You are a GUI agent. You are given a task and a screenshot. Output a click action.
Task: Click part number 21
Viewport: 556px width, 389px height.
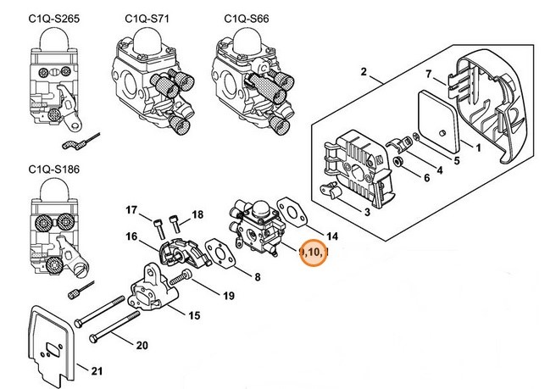(x=97, y=371)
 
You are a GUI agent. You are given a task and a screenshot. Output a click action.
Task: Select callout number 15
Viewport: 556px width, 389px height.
(x=194, y=316)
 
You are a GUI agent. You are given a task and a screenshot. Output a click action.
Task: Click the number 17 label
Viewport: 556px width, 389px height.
(x=131, y=209)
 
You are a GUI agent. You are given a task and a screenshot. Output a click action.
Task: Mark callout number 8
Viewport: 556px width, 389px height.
(x=257, y=277)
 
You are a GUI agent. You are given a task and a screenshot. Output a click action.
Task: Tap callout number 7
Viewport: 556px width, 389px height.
(x=429, y=74)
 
